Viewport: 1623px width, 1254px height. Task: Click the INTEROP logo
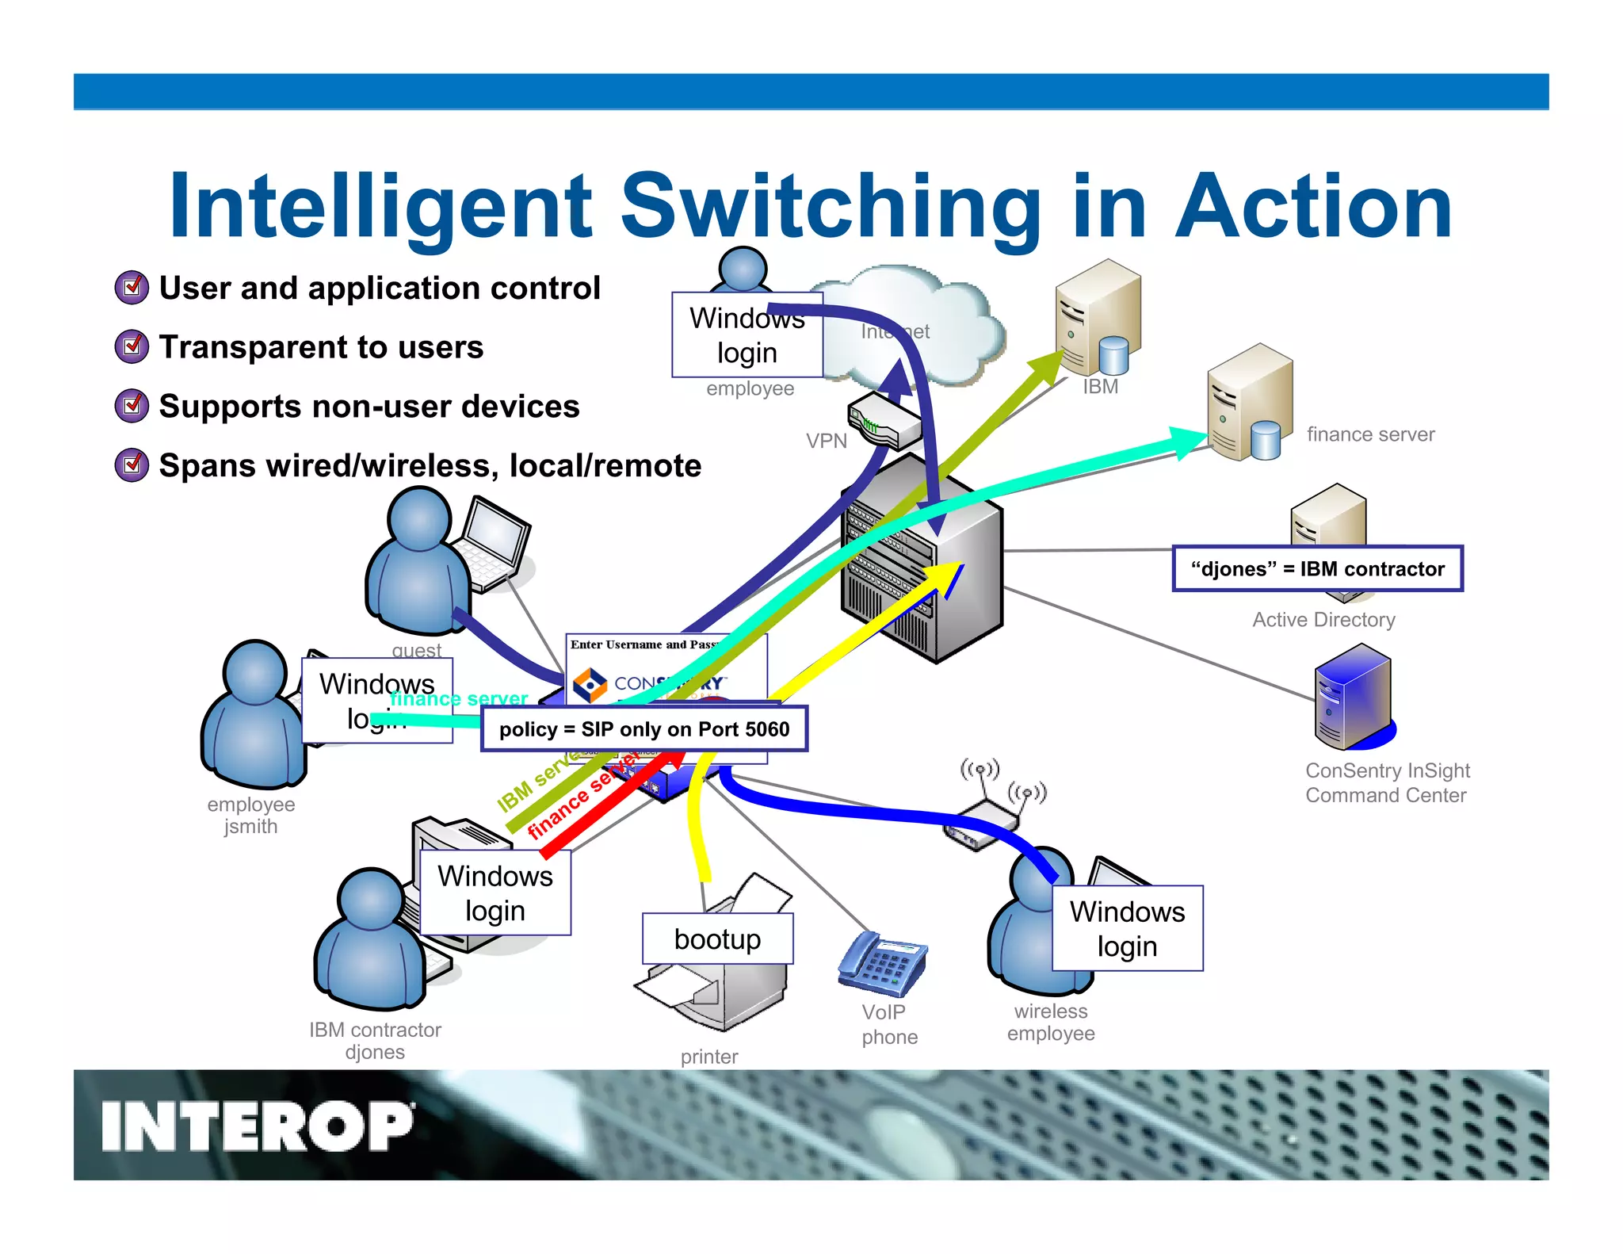point(257,1126)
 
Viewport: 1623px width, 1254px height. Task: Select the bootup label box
point(717,939)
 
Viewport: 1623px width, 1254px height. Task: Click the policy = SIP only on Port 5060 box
point(643,729)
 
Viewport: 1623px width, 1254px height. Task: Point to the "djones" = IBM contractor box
point(1317,569)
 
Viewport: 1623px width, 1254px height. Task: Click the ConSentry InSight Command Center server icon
point(1352,698)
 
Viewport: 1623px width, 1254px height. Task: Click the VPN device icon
point(884,421)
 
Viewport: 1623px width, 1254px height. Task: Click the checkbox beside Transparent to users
point(132,346)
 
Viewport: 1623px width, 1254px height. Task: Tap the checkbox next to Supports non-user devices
point(132,406)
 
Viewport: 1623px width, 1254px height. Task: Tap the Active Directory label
point(1323,620)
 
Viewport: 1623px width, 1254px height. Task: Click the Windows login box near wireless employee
point(1127,928)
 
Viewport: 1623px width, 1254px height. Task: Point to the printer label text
point(709,1057)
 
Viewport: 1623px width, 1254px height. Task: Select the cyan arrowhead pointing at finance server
point(1189,441)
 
